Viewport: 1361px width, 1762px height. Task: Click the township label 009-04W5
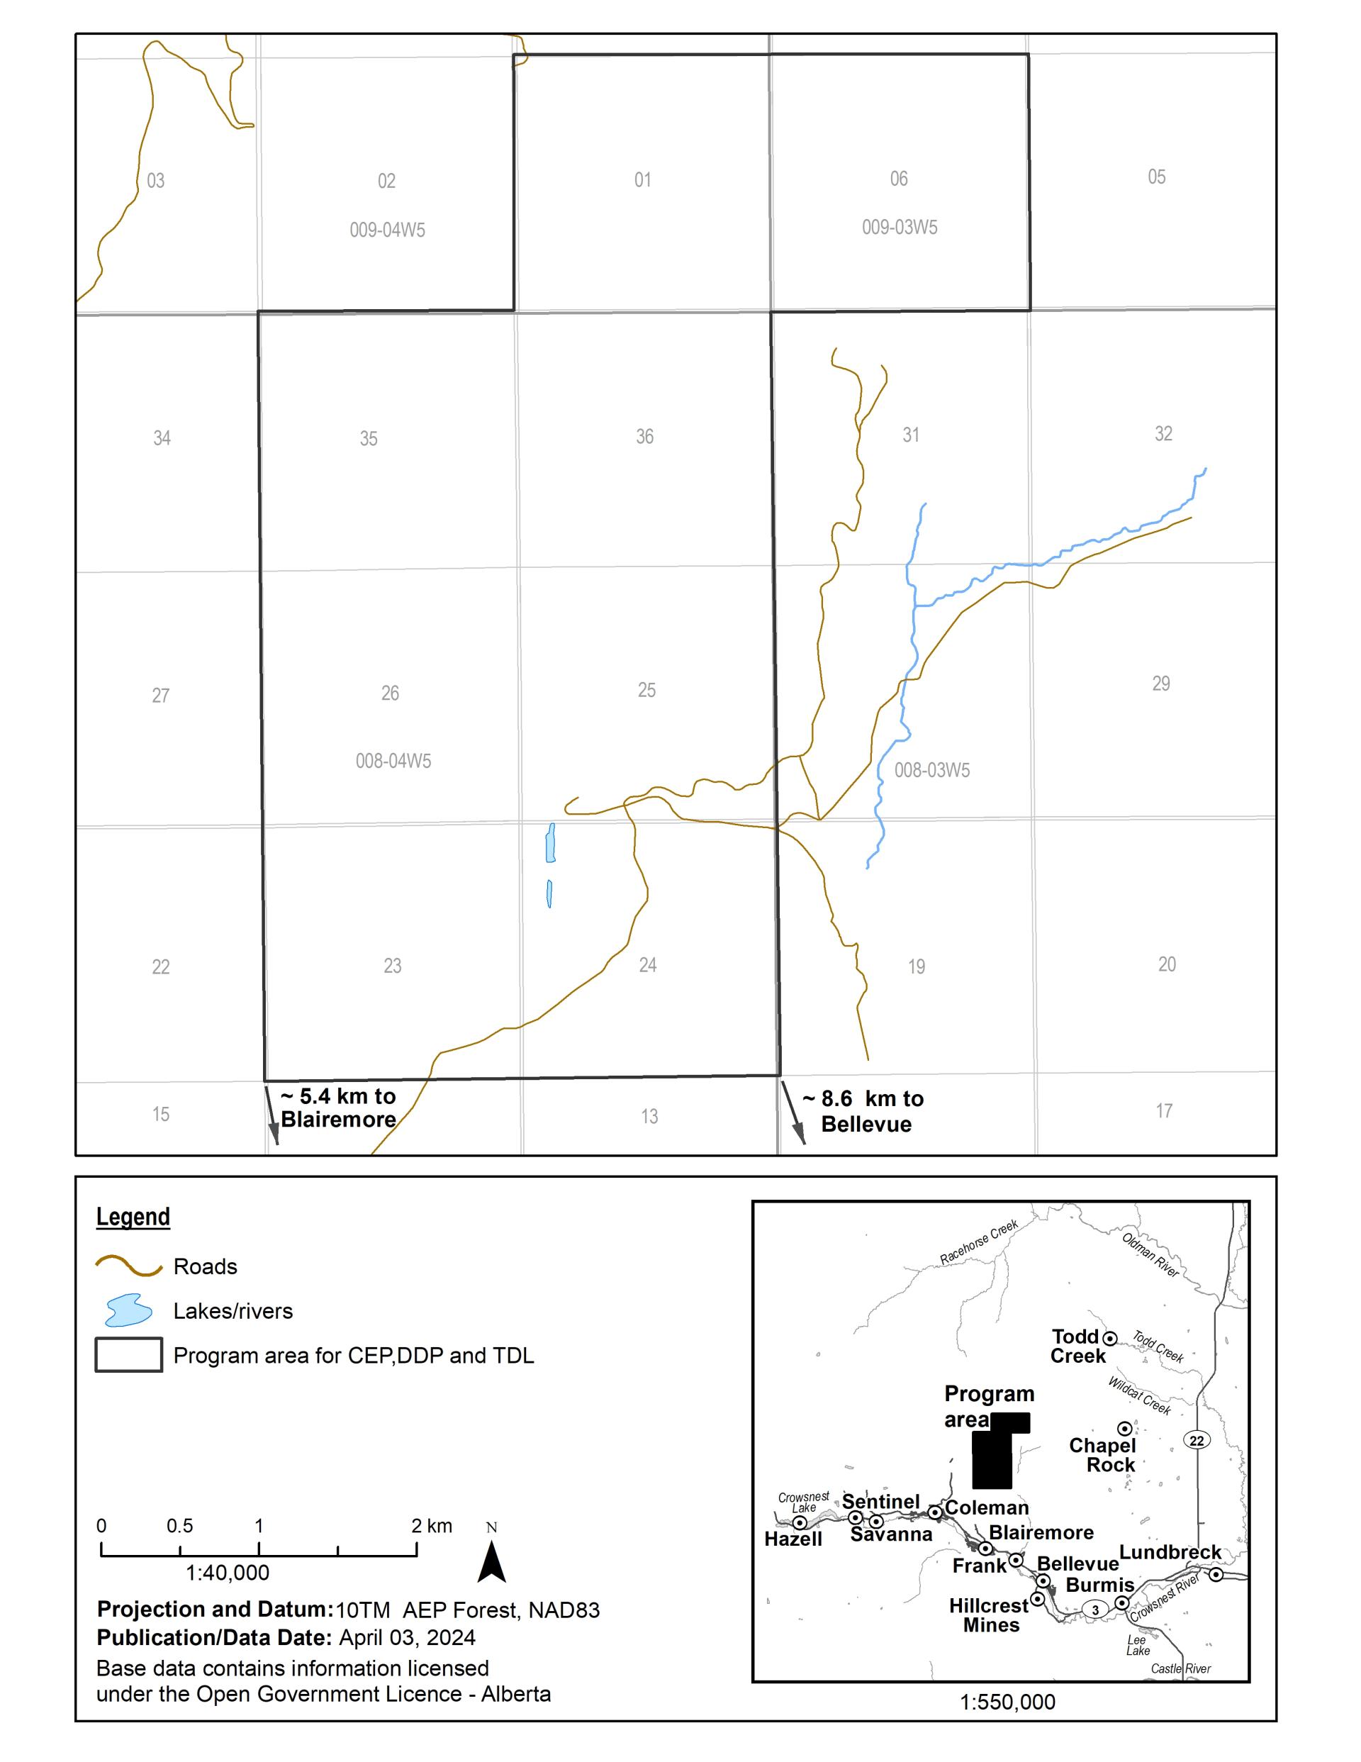[387, 230]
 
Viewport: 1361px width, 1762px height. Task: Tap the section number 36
[644, 437]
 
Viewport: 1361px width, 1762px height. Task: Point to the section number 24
[648, 965]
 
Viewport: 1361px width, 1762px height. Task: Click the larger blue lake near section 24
[550, 842]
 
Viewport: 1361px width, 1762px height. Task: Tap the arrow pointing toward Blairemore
[272, 1117]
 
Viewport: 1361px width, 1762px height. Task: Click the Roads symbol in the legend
[129, 1266]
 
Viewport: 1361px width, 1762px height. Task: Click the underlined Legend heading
[133, 1217]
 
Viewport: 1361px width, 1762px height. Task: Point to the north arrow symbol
[491, 1561]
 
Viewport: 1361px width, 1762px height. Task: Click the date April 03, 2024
[407, 1637]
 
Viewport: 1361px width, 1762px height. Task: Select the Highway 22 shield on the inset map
[1197, 1440]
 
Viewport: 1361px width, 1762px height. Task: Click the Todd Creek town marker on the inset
[1110, 1339]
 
